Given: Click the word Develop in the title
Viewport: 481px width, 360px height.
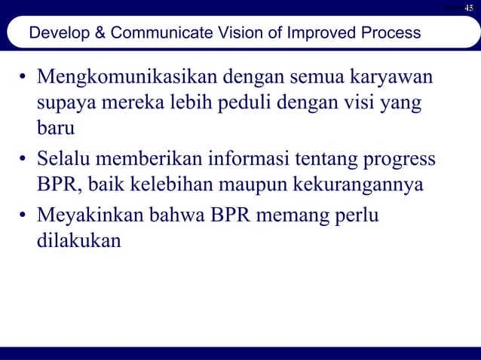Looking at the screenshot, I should [x=54, y=34].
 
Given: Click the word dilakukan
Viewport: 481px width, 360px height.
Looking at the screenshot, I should [x=79, y=243].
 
